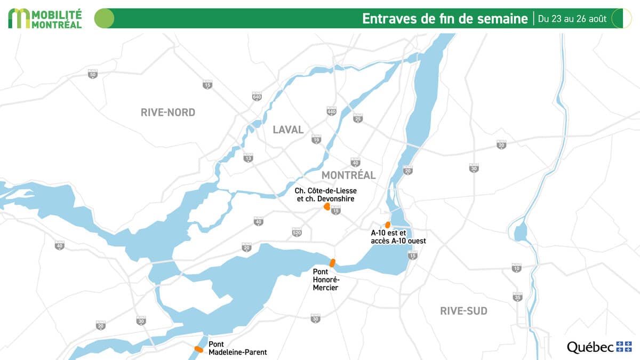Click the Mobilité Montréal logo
click(45, 18)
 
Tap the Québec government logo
click(599, 347)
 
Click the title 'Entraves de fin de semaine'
click(445, 19)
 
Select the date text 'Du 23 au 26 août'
click(572, 19)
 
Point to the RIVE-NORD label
click(168, 113)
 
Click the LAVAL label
click(288, 130)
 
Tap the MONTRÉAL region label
click(348, 175)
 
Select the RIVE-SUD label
click(463, 311)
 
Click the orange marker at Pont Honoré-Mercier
click(332, 262)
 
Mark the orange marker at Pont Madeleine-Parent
click(198, 349)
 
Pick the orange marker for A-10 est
click(388, 225)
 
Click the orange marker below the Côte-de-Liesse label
click(326, 206)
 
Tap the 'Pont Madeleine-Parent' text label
click(237, 348)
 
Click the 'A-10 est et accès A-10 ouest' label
click(398, 237)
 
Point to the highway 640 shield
click(257, 97)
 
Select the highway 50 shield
click(93, 75)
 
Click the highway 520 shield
click(297, 233)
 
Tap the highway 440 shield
click(332, 111)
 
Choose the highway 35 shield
click(517, 297)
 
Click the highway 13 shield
click(248, 158)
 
